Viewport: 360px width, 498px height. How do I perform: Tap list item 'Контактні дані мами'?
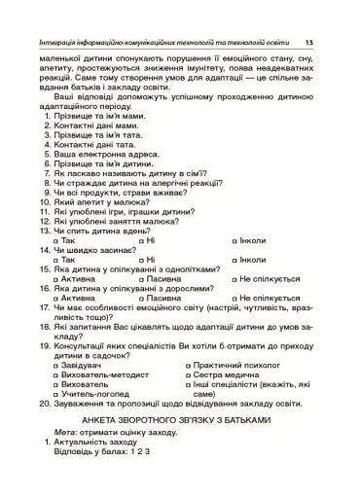pyautogui.click(x=96, y=126)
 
